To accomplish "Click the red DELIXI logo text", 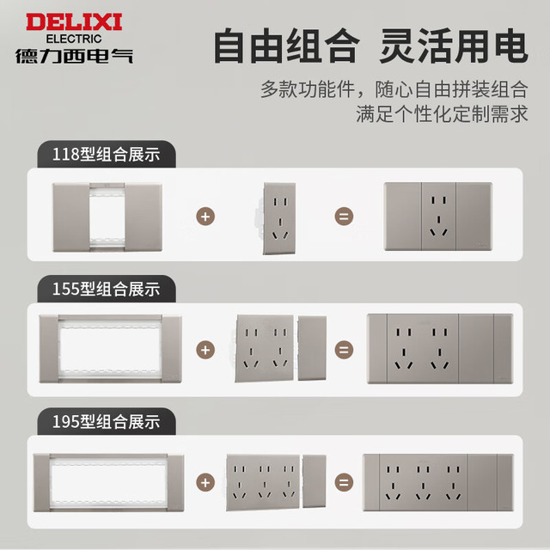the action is (74, 22).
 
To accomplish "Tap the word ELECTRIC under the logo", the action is (74, 39).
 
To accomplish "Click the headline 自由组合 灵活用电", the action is (370, 46).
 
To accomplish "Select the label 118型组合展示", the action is (107, 155).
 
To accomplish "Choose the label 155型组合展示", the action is (107, 289).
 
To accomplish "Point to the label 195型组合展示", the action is (107, 422).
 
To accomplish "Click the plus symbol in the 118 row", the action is (205, 217).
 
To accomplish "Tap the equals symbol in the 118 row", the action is (344, 217).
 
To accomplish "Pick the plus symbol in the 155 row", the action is (205, 350).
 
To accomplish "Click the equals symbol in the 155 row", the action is (344, 350).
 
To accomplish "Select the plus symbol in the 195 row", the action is (205, 483).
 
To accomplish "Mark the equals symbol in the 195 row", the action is (344, 483).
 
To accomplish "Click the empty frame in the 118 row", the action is (71, 217).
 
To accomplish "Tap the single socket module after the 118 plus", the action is (278, 218).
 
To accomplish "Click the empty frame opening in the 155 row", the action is (110, 350).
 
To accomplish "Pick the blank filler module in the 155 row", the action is (312, 348).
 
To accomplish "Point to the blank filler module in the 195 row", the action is (315, 481).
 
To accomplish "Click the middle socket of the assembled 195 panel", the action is (423, 483).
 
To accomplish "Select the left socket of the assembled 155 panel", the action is (404, 349).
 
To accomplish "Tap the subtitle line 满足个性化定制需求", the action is (442, 113).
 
